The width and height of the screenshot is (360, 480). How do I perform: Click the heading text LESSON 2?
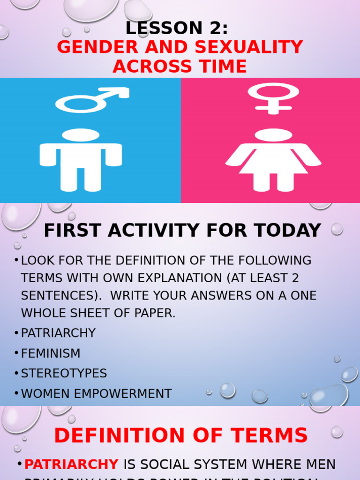177,29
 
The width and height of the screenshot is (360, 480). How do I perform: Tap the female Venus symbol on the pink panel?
273,96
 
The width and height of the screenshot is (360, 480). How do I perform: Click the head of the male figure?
81,135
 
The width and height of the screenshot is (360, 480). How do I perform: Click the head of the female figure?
273,135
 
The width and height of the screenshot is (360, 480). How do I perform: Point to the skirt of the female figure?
273,162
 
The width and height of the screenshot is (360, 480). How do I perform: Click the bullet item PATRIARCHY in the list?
58,333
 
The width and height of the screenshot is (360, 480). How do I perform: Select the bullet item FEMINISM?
51,353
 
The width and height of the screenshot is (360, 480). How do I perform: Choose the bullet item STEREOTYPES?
64,374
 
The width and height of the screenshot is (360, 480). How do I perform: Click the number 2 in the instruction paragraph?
294,278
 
